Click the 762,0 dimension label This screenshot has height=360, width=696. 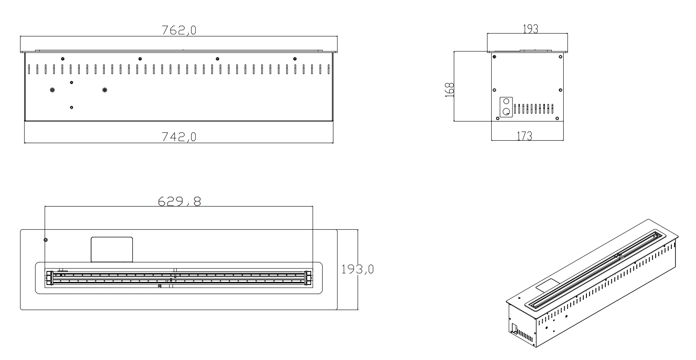coord(179,30)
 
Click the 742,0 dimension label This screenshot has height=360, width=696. coord(179,137)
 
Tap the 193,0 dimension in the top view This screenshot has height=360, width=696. coord(358,269)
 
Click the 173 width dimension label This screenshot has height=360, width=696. coord(524,136)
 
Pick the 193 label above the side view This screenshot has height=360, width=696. coord(531,29)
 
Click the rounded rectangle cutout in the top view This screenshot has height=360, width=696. coord(112,250)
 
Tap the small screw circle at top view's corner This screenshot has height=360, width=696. coord(46,240)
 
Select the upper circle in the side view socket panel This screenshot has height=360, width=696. coord(506,101)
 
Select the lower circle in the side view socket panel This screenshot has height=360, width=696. coord(506,111)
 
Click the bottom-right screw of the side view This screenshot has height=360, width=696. coord(557,118)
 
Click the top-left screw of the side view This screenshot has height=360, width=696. coord(495,56)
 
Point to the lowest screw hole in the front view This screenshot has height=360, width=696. coord(71,107)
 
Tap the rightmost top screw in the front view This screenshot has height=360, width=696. coord(295,59)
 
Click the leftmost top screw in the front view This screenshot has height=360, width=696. coord(63,59)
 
